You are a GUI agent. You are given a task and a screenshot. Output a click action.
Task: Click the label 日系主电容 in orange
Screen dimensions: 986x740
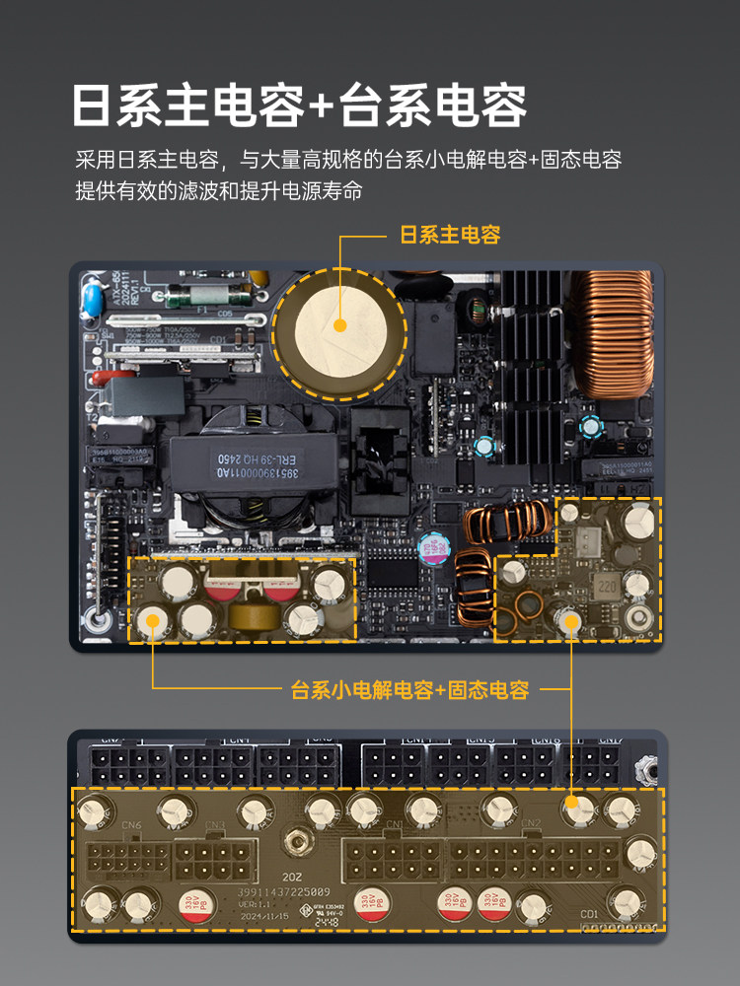coord(450,235)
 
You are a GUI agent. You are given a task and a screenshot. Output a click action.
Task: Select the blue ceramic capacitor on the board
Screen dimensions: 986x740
coord(90,298)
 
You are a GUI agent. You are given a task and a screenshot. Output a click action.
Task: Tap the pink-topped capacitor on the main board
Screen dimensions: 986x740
coord(432,548)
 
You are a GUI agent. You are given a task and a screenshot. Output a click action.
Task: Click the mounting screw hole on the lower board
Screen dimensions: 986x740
coord(292,845)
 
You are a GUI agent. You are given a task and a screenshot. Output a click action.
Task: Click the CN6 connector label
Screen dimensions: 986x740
coord(131,825)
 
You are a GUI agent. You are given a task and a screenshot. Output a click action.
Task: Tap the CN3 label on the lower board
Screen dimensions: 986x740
coord(215,825)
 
